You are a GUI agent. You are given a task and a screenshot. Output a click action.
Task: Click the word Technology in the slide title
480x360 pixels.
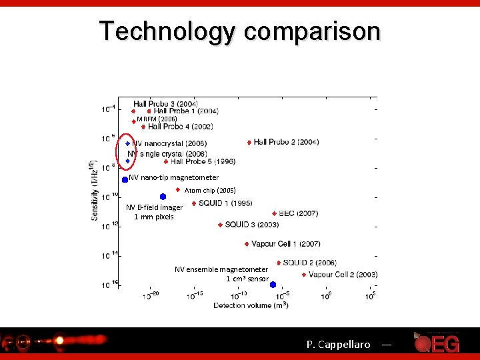click(167, 31)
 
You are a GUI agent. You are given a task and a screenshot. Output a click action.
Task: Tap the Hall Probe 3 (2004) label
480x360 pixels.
click(165, 103)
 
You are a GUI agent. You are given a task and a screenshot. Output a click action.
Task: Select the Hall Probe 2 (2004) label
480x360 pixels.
click(286, 142)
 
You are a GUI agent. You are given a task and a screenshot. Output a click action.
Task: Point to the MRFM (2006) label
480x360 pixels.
click(157, 119)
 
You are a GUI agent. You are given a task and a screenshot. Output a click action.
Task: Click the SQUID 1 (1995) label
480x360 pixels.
click(225, 203)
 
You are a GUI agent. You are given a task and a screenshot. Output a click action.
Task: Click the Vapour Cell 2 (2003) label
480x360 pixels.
click(343, 275)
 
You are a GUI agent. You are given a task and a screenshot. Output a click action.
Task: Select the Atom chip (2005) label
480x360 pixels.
click(210, 191)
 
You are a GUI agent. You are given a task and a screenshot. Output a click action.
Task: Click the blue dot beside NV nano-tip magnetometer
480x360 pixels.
click(125, 179)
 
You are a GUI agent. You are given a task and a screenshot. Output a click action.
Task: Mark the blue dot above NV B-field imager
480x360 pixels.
click(163, 196)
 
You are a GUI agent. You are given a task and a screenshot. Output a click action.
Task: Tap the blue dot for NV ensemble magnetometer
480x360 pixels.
click(273, 285)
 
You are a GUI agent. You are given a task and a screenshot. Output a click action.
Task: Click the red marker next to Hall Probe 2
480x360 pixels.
click(249, 142)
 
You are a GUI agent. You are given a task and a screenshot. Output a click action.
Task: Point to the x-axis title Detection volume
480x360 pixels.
click(250, 305)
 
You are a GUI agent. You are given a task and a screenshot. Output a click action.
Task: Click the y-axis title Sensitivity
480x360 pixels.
click(95, 190)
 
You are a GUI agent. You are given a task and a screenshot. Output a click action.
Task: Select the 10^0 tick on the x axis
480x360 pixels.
click(327, 296)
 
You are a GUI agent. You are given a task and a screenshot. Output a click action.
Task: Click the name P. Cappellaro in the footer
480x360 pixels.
click(338, 345)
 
